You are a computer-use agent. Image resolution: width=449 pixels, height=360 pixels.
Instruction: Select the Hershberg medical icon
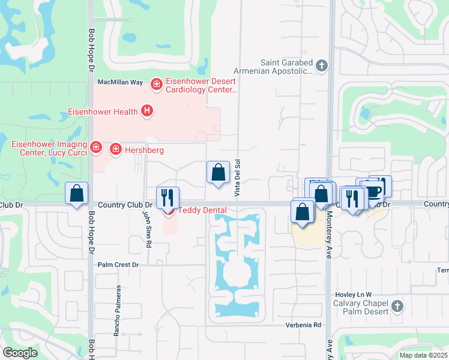[x=115, y=149]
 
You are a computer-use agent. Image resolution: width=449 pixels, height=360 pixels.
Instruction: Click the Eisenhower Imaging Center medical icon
[x=95, y=146]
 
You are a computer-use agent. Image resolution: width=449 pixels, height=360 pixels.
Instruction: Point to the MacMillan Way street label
[x=120, y=82]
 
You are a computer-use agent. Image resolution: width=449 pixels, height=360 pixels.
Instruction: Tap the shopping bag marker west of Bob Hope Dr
[x=76, y=193]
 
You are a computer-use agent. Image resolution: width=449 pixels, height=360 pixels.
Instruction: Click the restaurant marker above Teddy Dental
[x=167, y=197]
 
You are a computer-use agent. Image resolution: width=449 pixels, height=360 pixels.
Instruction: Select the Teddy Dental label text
[x=202, y=210]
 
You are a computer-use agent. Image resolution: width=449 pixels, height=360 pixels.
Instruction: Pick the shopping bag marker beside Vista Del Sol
[x=218, y=172]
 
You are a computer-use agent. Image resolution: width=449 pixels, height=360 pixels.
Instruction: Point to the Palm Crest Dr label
[x=118, y=265]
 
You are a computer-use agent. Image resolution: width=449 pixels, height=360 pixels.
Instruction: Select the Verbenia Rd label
[x=305, y=325]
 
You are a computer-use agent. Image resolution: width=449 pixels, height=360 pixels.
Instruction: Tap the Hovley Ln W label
[x=352, y=294]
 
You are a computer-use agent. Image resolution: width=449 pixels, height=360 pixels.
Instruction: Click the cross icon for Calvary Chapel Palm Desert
[x=396, y=307]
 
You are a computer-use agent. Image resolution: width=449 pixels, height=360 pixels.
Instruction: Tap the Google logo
[x=20, y=353]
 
